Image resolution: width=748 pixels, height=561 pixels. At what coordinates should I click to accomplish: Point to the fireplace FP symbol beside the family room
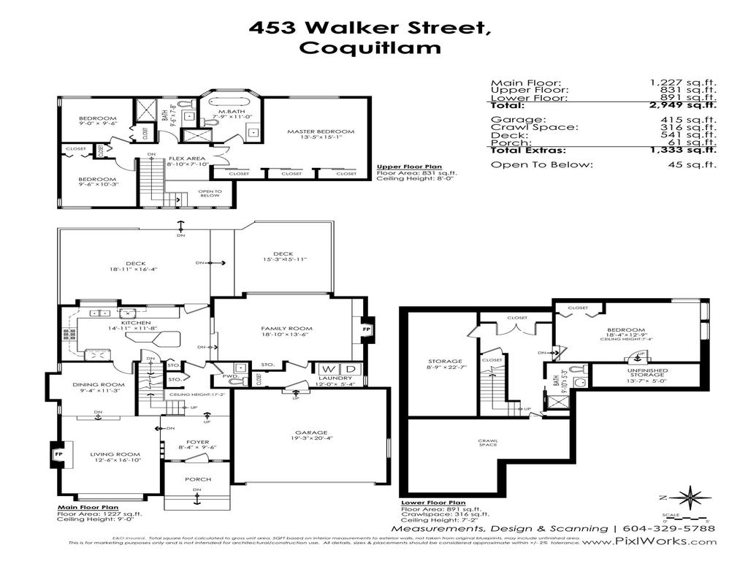[x=367, y=329]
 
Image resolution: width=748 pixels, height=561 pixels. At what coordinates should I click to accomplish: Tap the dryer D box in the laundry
[x=350, y=369]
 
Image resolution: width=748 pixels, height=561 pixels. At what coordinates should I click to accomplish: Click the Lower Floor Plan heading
[x=433, y=503]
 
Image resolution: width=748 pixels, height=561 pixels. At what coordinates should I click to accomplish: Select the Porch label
[x=197, y=479]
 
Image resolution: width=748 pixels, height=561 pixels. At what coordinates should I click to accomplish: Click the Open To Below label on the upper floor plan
[x=209, y=194]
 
